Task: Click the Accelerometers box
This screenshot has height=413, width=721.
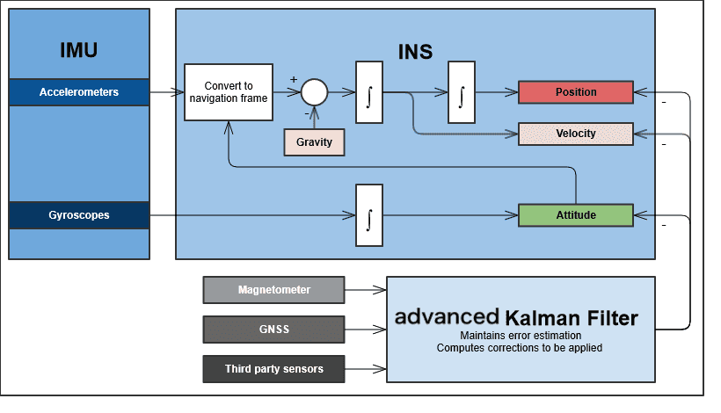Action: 79,92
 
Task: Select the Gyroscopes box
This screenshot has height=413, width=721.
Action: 79,214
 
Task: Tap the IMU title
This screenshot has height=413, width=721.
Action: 79,50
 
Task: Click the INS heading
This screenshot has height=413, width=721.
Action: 414,51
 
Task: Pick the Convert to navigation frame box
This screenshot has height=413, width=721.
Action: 229,92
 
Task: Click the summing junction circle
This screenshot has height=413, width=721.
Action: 314,91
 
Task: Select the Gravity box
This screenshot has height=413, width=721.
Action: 314,141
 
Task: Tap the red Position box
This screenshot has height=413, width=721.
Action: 576,92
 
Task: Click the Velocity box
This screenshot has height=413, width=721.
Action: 576,134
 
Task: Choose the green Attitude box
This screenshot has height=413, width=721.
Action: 576,215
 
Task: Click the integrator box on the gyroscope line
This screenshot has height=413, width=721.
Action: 369,214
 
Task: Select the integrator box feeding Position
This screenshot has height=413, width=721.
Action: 461,91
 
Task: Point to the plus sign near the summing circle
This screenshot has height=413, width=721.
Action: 294,79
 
